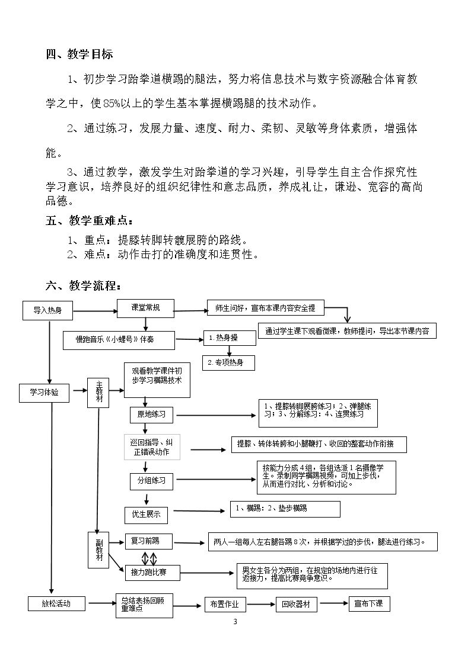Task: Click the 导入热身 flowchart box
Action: pyautogui.click(x=47, y=310)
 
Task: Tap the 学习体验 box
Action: pyautogui.click(x=44, y=393)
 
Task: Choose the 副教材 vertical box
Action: pyautogui.click(x=98, y=550)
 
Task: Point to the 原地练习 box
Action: pyautogui.click(x=151, y=415)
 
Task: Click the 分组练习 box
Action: pyautogui.click(x=151, y=481)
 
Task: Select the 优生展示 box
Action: pyautogui.click(x=146, y=515)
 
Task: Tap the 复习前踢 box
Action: pyautogui.click(x=149, y=541)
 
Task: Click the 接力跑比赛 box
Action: pyautogui.click(x=152, y=573)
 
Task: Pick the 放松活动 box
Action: pyautogui.click(x=56, y=603)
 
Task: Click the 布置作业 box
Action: pyautogui.click(x=225, y=605)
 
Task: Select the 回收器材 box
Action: pyautogui.click(x=296, y=605)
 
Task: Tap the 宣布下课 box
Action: pyautogui.click(x=368, y=604)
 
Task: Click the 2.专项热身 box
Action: pyautogui.click(x=229, y=362)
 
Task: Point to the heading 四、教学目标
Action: pyautogui.click(x=79, y=54)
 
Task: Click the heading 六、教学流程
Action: pyautogui.click(x=83, y=286)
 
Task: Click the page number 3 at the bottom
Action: pyautogui.click(x=235, y=622)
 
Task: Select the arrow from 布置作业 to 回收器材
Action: pyautogui.click(x=260, y=605)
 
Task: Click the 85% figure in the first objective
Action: pyautogui.click(x=112, y=103)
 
